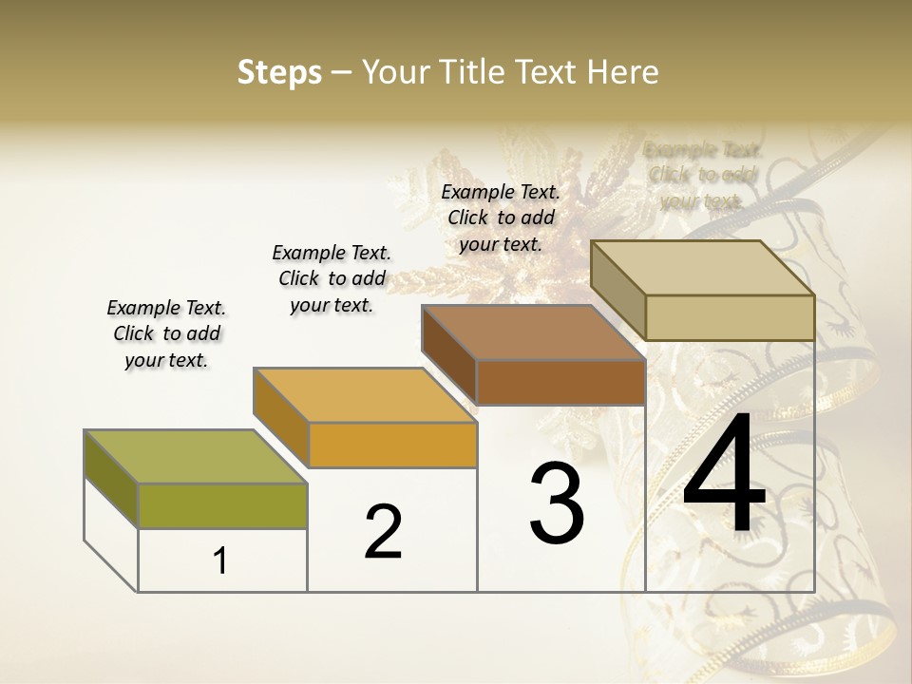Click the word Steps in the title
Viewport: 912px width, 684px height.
tap(279, 72)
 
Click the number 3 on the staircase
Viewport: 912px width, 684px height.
tap(557, 503)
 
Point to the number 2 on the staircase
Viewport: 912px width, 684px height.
tap(384, 532)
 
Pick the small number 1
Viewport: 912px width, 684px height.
tap(220, 560)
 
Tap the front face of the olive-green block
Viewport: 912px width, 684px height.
tap(222, 505)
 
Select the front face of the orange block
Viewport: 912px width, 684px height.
tap(392, 445)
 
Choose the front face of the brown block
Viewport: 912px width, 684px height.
tap(560, 382)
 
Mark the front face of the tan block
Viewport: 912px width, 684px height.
tap(730, 317)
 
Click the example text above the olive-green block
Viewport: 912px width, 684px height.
tap(166, 333)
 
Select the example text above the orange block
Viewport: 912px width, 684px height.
tap(332, 278)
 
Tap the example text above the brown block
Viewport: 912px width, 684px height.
tap(501, 218)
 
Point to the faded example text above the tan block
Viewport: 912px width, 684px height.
tap(702, 175)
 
